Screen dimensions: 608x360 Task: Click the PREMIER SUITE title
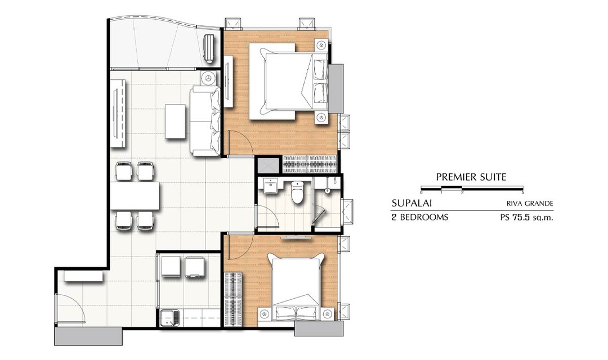point(471,177)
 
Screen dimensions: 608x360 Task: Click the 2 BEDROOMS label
point(420,217)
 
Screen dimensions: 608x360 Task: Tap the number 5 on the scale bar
point(523,192)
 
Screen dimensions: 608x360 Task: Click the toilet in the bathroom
point(298,192)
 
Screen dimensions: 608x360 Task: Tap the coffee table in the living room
point(175,121)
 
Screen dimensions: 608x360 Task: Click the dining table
point(135,195)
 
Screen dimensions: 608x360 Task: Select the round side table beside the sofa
point(209,78)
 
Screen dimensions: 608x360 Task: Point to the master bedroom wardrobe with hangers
point(310,164)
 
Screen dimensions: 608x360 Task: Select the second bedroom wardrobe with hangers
point(234,299)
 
